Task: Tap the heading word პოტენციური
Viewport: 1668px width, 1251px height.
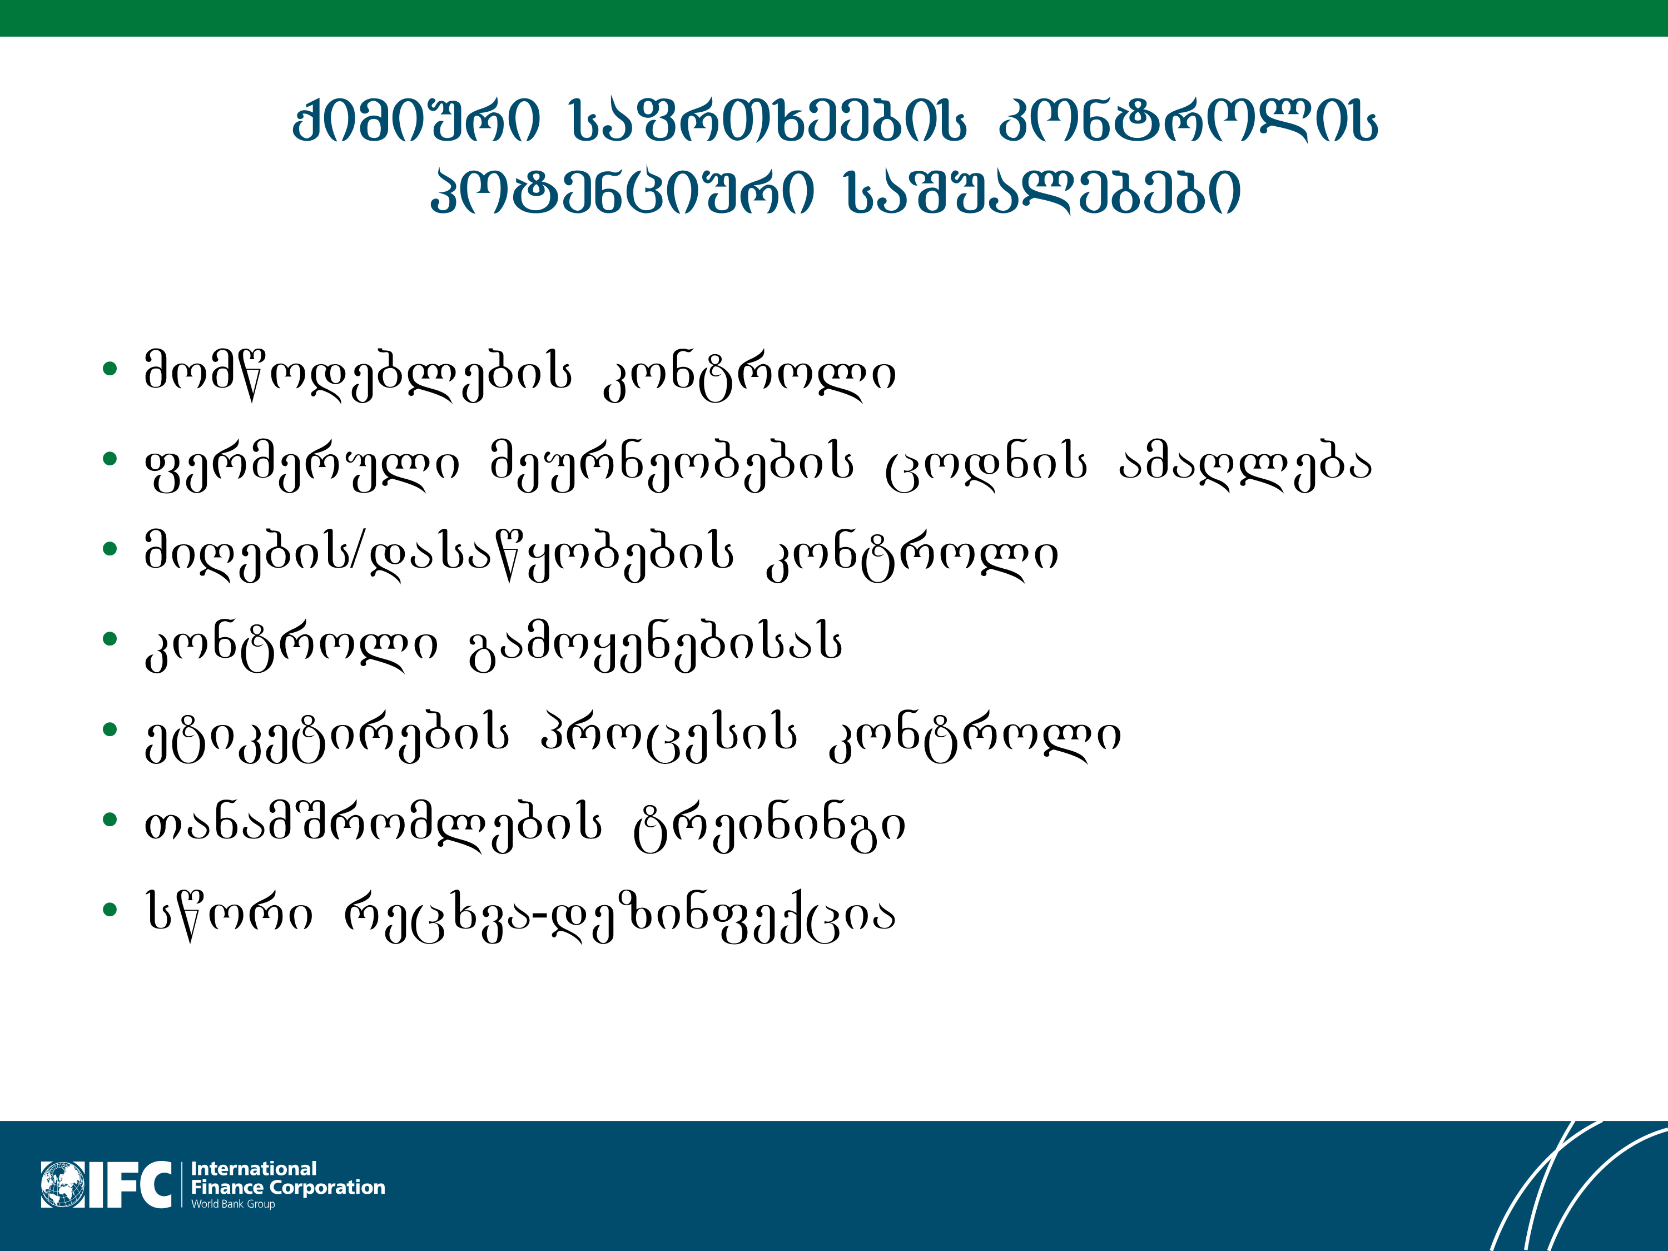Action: pos(622,192)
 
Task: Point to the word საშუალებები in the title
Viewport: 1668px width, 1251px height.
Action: pos(1043,192)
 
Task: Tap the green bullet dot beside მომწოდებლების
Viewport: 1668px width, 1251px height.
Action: pos(110,369)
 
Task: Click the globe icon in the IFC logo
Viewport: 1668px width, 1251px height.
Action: pos(63,1185)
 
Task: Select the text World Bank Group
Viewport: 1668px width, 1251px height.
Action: pos(233,1204)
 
